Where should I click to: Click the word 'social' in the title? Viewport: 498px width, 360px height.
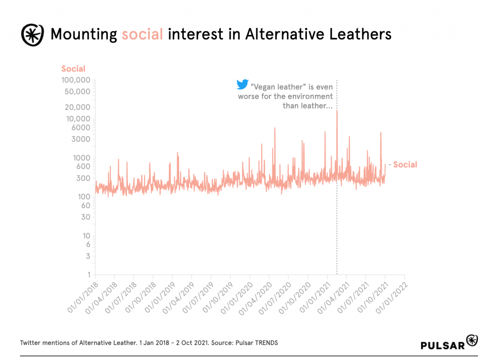142,35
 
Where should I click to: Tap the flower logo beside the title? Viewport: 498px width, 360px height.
32,34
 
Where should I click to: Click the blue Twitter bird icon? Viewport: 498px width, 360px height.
242,85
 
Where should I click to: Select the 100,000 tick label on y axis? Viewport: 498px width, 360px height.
76,80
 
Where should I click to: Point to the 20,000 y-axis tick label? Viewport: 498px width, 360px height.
78,108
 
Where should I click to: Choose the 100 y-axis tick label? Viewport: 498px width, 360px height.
84,197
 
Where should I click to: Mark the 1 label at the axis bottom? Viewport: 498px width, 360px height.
89,275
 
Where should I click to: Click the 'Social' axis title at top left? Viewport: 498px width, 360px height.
73,69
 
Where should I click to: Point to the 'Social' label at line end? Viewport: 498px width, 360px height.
405,164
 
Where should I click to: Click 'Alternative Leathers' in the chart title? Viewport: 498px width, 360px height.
318,35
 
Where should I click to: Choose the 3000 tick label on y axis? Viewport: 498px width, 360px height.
81,139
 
